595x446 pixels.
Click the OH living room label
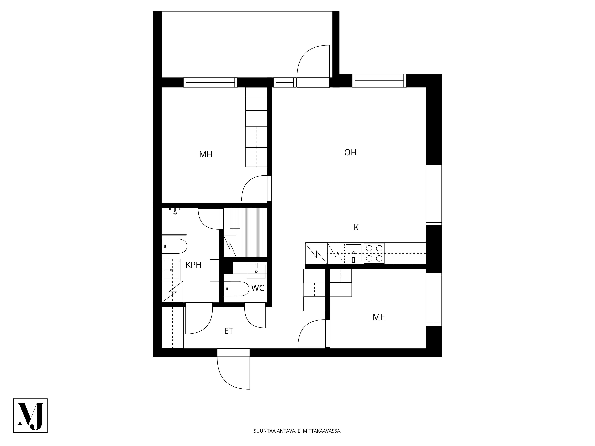coord(350,152)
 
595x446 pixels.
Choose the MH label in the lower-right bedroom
coord(379,317)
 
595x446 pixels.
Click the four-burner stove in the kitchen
coord(374,253)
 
